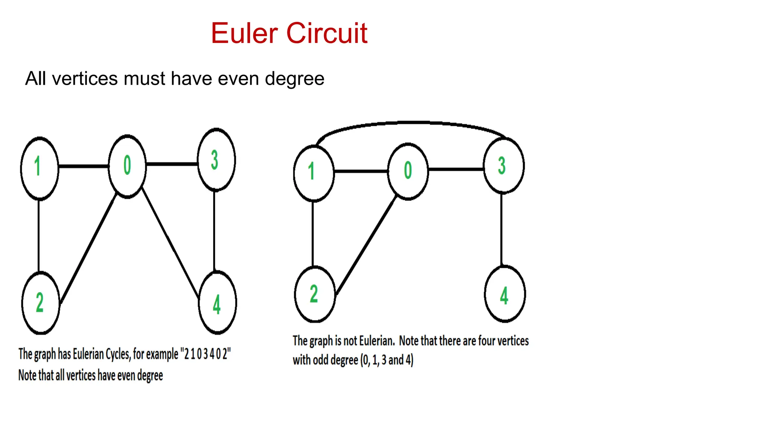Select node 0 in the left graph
point(127,166)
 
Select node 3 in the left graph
point(216,160)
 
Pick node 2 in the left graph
point(41,303)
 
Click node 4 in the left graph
point(217,303)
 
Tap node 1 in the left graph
point(39,168)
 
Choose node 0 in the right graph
point(408,171)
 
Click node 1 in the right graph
point(313,173)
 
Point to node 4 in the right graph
point(504,294)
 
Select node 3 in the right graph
point(503,166)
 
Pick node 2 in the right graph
point(314,294)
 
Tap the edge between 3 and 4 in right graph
point(501,230)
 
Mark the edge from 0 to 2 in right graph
point(366,245)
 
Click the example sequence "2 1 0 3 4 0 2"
point(206,354)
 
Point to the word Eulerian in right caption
point(376,341)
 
